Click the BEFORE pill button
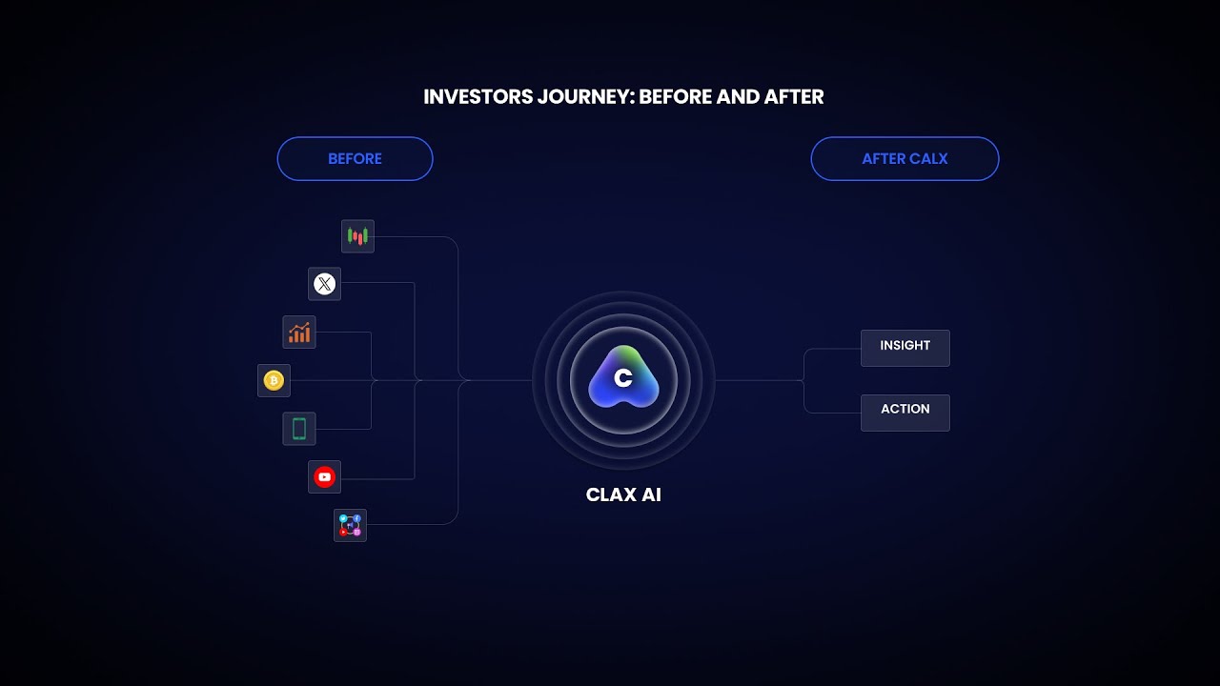tap(355, 159)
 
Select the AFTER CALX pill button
tap(905, 159)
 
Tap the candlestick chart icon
tap(357, 236)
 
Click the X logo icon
tap(325, 284)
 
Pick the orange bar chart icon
tap(299, 333)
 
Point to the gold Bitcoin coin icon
tap(274, 381)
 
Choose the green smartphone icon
tap(299, 429)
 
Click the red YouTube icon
tap(325, 477)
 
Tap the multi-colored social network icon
tap(350, 525)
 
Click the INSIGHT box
tap(905, 347)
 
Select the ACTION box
tap(905, 412)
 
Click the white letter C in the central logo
tap(623, 378)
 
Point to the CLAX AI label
tap(623, 495)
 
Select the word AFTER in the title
tap(792, 97)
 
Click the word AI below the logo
tap(651, 495)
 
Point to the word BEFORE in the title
tap(676, 97)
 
